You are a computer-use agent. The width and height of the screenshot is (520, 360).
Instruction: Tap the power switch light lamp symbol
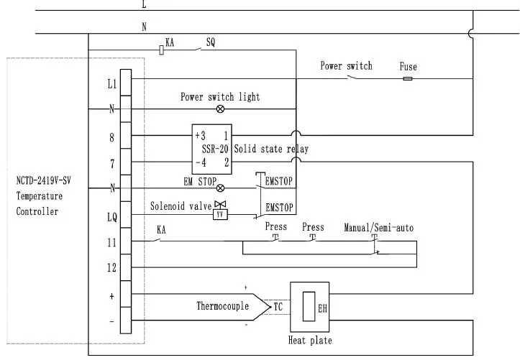[x=220, y=109]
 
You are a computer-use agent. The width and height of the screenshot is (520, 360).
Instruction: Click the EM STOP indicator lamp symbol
[x=220, y=188]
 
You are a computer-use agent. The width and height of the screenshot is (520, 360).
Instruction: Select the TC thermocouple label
[x=278, y=306]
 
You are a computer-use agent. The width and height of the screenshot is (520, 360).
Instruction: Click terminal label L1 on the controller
[x=111, y=84]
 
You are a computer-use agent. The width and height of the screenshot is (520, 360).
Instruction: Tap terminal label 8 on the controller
[x=111, y=137]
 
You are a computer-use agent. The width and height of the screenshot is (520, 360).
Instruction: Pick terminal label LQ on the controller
[x=111, y=216]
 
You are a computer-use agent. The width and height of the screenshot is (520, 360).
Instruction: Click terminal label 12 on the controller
[x=111, y=268]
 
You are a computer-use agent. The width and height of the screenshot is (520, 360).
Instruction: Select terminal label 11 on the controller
[x=111, y=242]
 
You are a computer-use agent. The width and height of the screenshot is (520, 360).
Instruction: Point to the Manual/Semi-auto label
[x=378, y=228]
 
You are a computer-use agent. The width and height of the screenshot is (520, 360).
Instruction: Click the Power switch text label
[x=346, y=66]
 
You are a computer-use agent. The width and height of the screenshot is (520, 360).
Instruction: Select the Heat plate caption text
[x=310, y=340]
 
